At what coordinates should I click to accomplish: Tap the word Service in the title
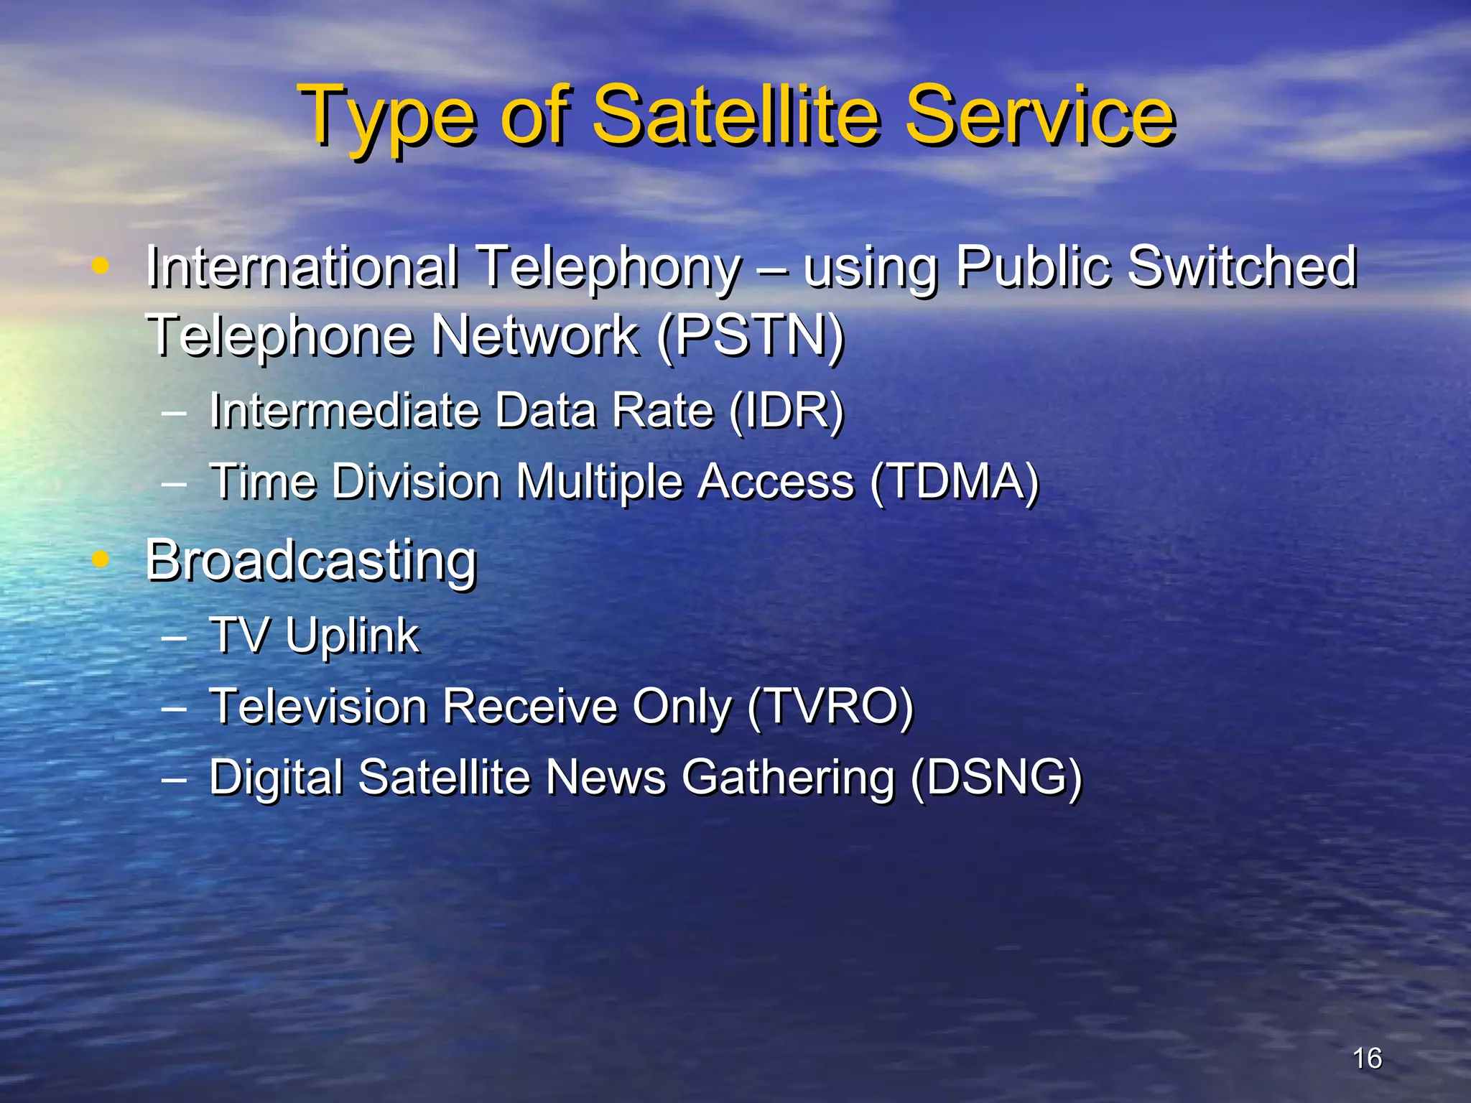[x=1039, y=115]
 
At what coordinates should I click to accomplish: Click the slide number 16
[x=1367, y=1058]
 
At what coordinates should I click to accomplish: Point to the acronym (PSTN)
[x=751, y=336]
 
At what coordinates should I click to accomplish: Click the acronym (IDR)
[x=786, y=411]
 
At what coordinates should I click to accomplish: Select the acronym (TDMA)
[x=955, y=481]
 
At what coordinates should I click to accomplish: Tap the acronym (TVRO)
[x=830, y=707]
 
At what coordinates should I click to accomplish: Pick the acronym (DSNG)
[x=996, y=778]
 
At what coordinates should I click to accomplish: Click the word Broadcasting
[x=311, y=562]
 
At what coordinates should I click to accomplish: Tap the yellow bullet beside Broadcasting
[x=101, y=558]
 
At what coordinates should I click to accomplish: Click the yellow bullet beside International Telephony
[x=101, y=266]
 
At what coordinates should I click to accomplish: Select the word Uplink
[x=352, y=636]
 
